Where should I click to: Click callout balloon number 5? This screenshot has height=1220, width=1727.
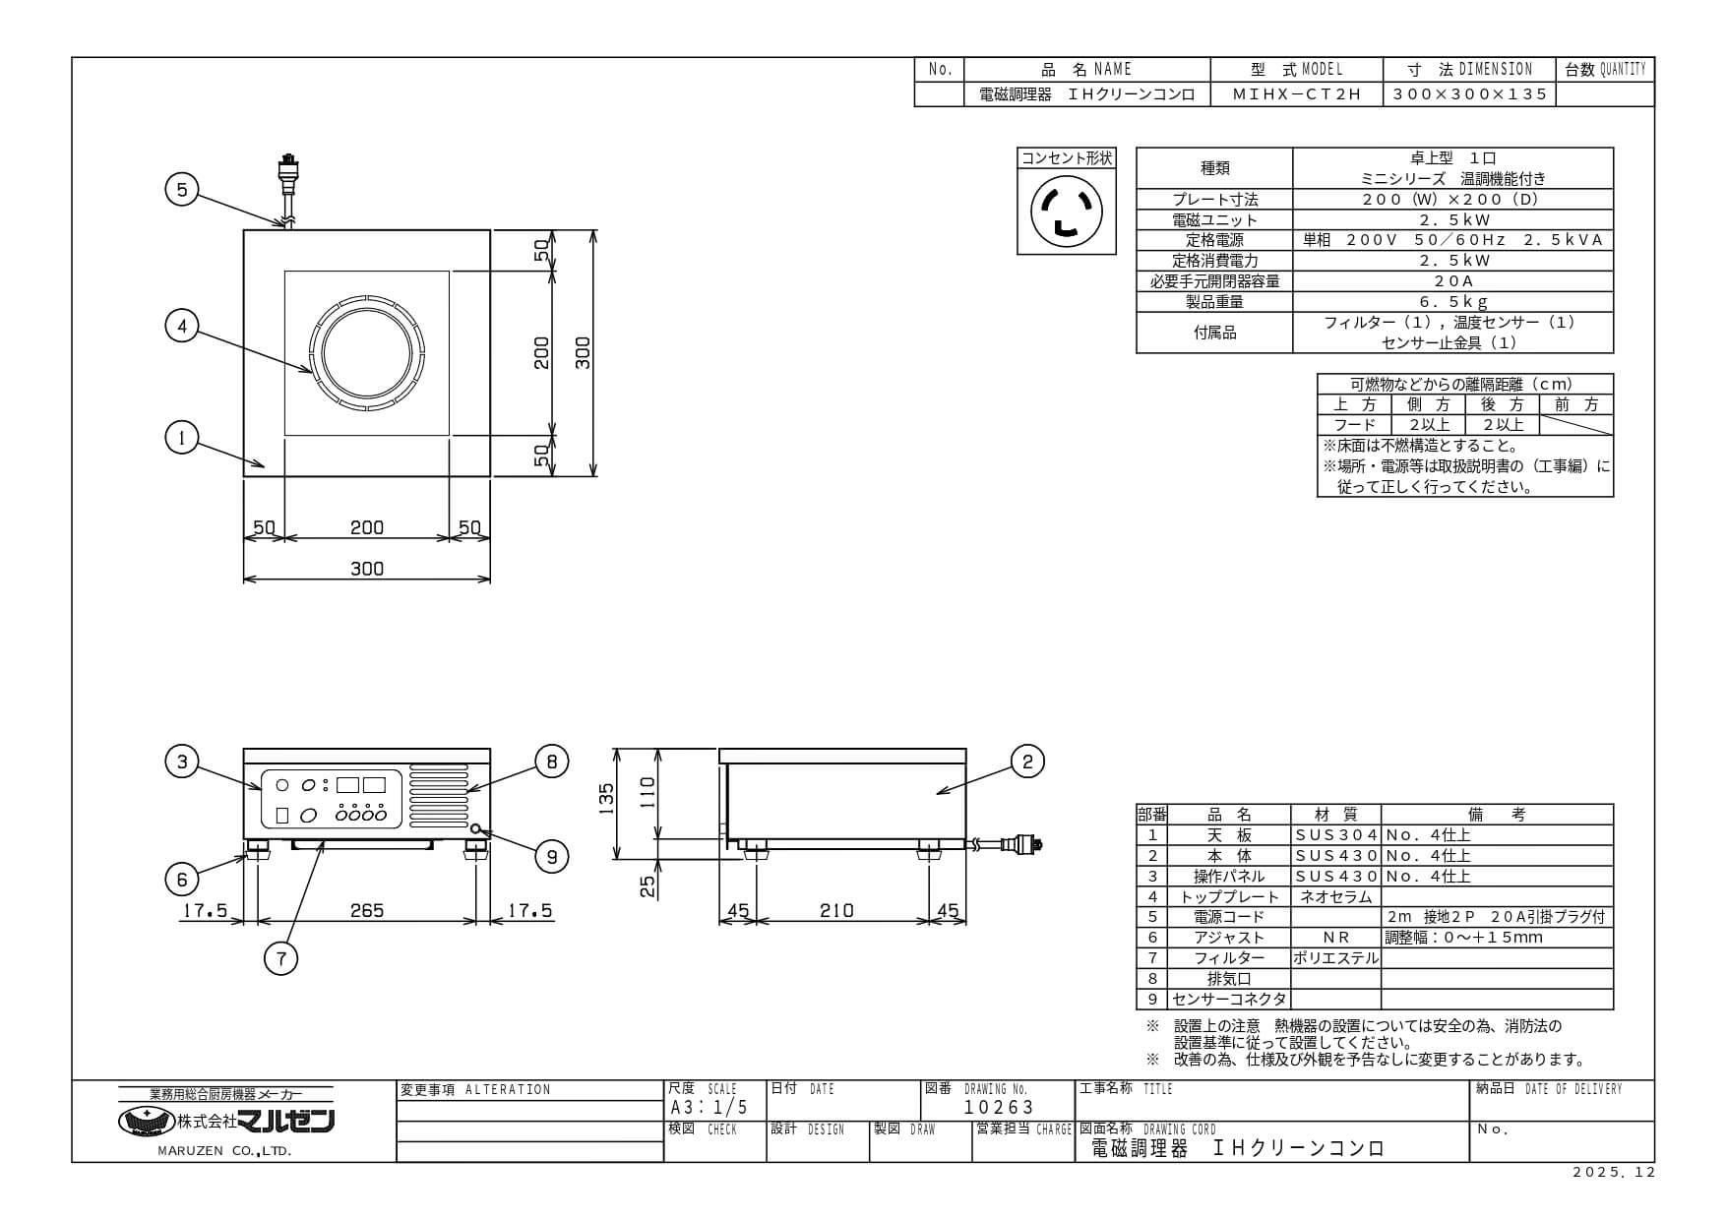(182, 189)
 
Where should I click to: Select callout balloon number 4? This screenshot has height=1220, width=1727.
(182, 326)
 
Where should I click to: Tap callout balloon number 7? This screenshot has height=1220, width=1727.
(281, 957)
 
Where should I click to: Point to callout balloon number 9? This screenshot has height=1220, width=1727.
(551, 857)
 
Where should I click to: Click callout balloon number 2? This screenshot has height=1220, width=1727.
(1027, 761)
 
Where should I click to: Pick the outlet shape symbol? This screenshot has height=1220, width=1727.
(1066, 211)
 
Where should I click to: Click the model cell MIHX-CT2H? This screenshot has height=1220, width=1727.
(1297, 94)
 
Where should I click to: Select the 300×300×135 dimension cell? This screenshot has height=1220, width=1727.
(1470, 94)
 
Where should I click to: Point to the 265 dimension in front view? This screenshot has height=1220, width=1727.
(367, 911)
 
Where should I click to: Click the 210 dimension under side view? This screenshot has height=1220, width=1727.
(836, 911)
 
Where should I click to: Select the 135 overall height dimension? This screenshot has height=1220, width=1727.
(607, 795)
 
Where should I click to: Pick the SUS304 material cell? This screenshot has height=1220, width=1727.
(1336, 835)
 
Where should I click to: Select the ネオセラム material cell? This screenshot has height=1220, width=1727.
(1336, 896)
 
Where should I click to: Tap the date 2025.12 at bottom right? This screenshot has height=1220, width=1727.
(1614, 1173)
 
